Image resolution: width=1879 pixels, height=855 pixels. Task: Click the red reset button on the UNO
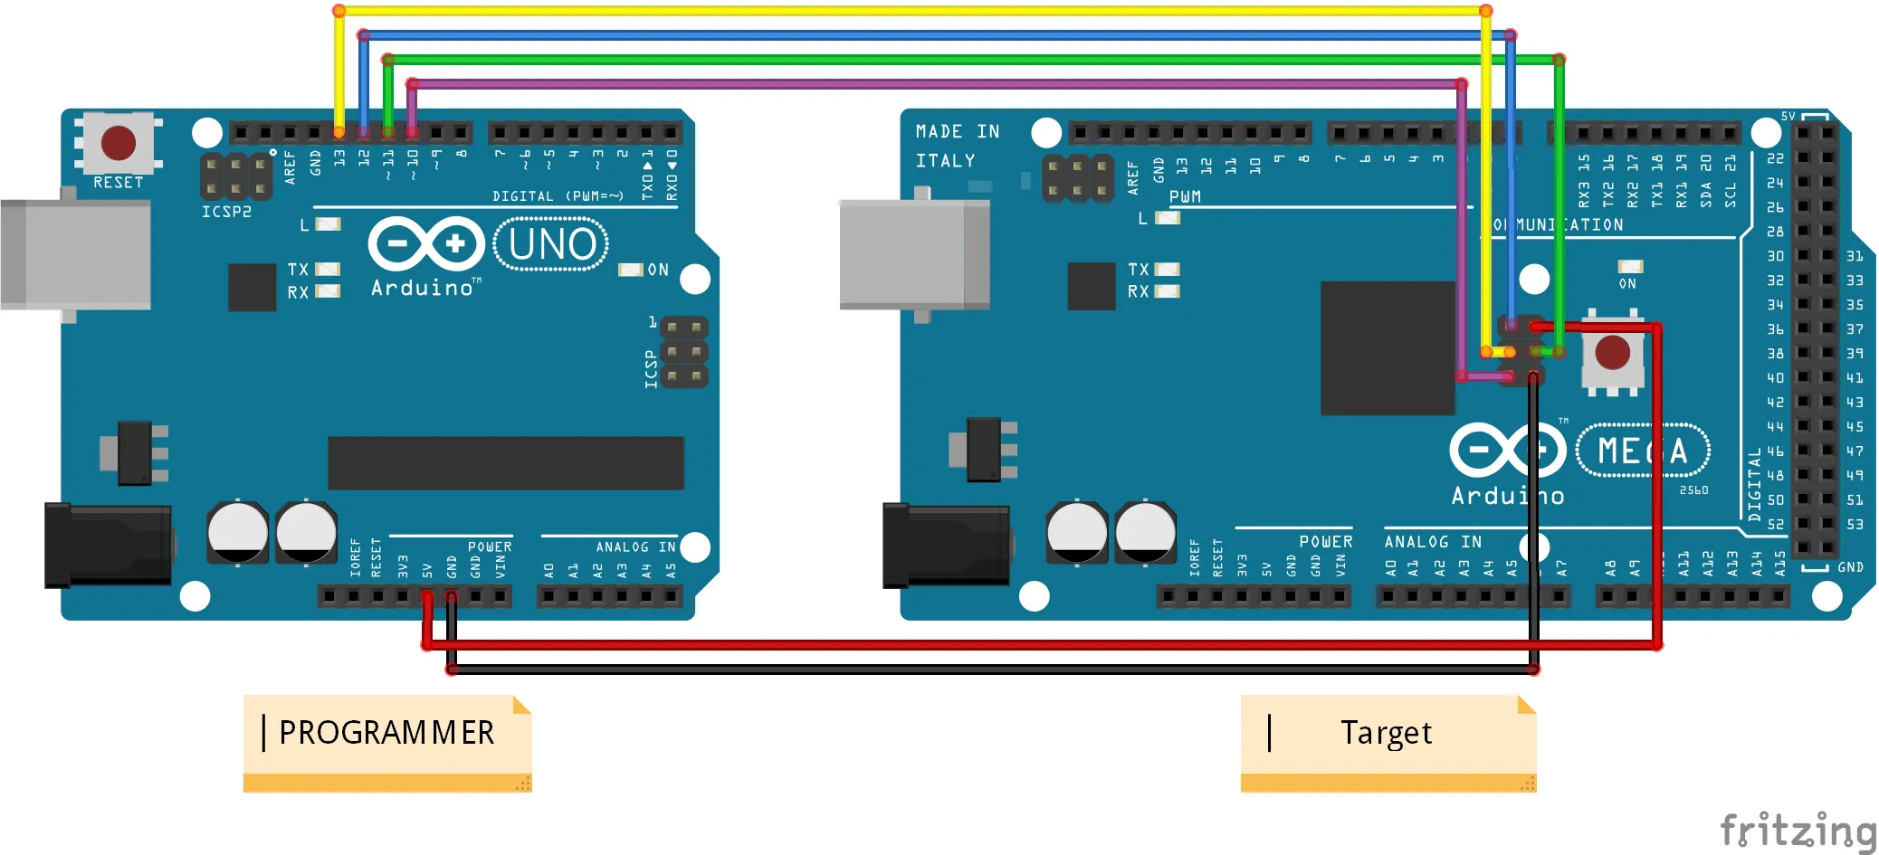click(118, 143)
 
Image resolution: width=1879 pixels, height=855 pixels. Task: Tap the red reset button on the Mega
click(1612, 353)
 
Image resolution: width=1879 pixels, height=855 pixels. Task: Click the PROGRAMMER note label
click(386, 733)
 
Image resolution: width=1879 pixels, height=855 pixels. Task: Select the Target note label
click(1386, 733)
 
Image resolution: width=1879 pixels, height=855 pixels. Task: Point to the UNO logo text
click(551, 244)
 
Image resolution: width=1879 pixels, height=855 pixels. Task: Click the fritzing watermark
click(1797, 831)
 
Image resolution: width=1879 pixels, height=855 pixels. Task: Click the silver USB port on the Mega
click(914, 254)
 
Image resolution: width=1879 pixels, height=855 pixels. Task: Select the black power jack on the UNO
click(109, 545)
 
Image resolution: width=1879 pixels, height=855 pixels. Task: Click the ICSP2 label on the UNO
click(226, 212)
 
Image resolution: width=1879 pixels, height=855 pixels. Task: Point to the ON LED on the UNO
click(630, 270)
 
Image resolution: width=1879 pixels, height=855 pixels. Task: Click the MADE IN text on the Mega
click(957, 132)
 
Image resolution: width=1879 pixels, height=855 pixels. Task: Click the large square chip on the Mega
click(1387, 348)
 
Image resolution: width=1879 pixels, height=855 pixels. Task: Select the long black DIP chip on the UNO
click(505, 462)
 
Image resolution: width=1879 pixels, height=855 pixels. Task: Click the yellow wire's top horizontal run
click(905, 11)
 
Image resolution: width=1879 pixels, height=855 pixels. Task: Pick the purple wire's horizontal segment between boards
click(932, 84)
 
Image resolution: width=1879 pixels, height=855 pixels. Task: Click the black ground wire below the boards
click(996, 670)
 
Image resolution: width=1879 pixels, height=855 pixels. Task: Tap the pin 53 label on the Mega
click(1855, 525)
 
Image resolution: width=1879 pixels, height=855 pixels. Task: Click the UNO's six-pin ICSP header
click(684, 352)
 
